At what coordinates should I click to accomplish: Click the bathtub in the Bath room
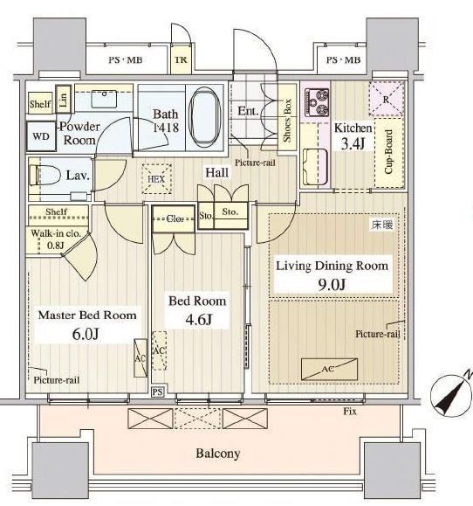(205, 117)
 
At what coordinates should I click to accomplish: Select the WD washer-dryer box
(41, 136)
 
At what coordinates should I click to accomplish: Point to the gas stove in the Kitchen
(318, 102)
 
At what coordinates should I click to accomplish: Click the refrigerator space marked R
(386, 99)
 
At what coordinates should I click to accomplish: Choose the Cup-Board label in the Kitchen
(389, 152)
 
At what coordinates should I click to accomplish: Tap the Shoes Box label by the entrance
(287, 121)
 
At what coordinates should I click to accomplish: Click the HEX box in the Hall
(156, 178)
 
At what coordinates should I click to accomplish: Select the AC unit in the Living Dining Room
(329, 369)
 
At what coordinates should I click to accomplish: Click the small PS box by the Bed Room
(157, 392)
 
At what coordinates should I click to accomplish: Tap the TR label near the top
(181, 60)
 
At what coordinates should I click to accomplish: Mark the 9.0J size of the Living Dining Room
(332, 285)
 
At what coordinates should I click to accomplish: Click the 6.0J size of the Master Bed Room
(85, 334)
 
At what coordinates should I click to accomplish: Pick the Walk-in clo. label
(56, 233)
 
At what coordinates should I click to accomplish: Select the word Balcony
(218, 454)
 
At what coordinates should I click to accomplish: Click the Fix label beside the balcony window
(350, 412)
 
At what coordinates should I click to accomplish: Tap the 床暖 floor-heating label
(382, 225)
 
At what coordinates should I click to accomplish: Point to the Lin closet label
(63, 99)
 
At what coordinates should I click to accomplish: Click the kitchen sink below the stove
(316, 166)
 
